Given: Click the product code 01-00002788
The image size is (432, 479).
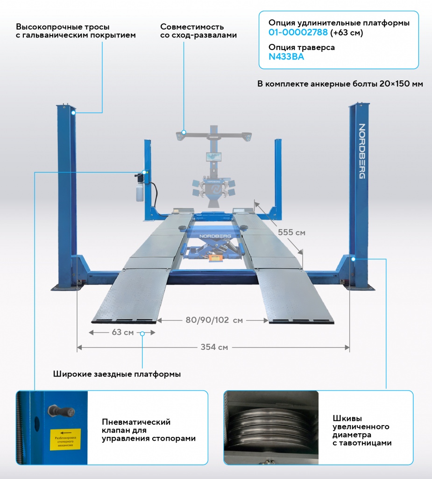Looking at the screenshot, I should tap(298, 33).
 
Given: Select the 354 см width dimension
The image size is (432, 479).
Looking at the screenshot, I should tap(214, 347).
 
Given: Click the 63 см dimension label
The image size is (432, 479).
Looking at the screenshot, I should tap(123, 333).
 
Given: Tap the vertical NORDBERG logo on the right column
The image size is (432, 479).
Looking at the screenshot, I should tap(361, 151).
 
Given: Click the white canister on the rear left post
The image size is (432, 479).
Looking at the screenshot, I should tap(139, 192).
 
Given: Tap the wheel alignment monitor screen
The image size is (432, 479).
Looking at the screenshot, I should tap(212, 157).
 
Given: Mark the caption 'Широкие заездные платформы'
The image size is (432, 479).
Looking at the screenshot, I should tap(117, 374).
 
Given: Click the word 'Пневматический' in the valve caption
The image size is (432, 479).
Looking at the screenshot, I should tap(136, 422).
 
